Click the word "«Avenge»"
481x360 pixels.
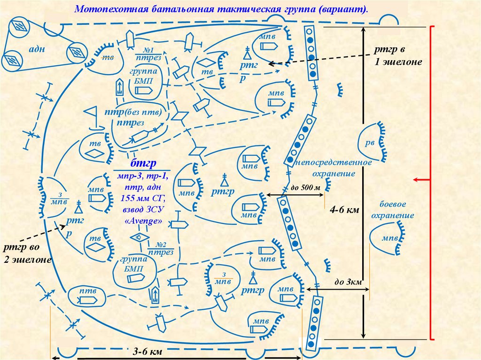(x=143, y=220)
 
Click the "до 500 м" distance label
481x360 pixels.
(x=305, y=188)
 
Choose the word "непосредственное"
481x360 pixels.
(x=334, y=162)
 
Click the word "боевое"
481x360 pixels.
(x=393, y=205)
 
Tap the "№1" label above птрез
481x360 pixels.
(x=148, y=50)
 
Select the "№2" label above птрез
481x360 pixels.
(x=162, y=245)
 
